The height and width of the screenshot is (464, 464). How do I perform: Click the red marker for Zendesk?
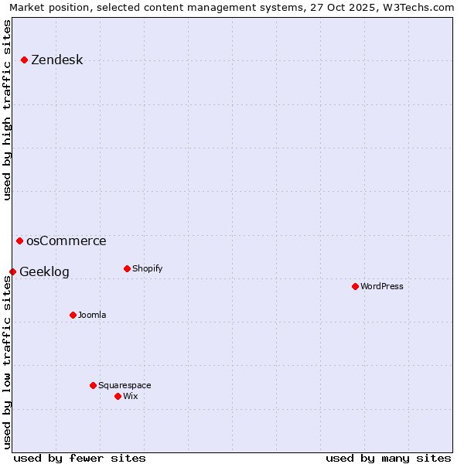coord(24,60)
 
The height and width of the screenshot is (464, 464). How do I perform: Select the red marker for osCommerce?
coord(19,241)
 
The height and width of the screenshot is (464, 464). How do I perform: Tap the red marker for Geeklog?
coord(12,271)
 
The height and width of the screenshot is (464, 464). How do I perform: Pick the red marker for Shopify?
coord(127,268)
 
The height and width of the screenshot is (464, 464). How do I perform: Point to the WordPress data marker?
coord(355,286)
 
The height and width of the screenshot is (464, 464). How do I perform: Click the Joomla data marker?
coord(73,315)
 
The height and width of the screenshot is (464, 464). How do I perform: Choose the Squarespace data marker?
coord(93,385)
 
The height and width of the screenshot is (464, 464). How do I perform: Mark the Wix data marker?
coord(118,396)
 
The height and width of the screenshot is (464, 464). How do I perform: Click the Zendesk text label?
coord(56,60)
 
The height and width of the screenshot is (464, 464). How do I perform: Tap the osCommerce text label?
coord(66,241)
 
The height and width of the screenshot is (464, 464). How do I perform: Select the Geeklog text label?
coord(44,272)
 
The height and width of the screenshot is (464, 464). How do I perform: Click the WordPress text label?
coord(381,287)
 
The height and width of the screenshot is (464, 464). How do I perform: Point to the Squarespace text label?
coord(125,386)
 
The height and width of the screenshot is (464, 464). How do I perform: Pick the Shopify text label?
coord(147,269)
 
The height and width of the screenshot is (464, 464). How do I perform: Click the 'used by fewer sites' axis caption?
coord(80,458)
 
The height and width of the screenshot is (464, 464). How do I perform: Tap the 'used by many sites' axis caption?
coord(388,458)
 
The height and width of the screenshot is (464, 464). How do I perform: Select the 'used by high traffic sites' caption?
coord(8,110)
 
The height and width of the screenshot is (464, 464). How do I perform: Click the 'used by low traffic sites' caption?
coord(8,362)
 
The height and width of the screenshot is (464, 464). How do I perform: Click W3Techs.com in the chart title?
coord(418,7)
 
